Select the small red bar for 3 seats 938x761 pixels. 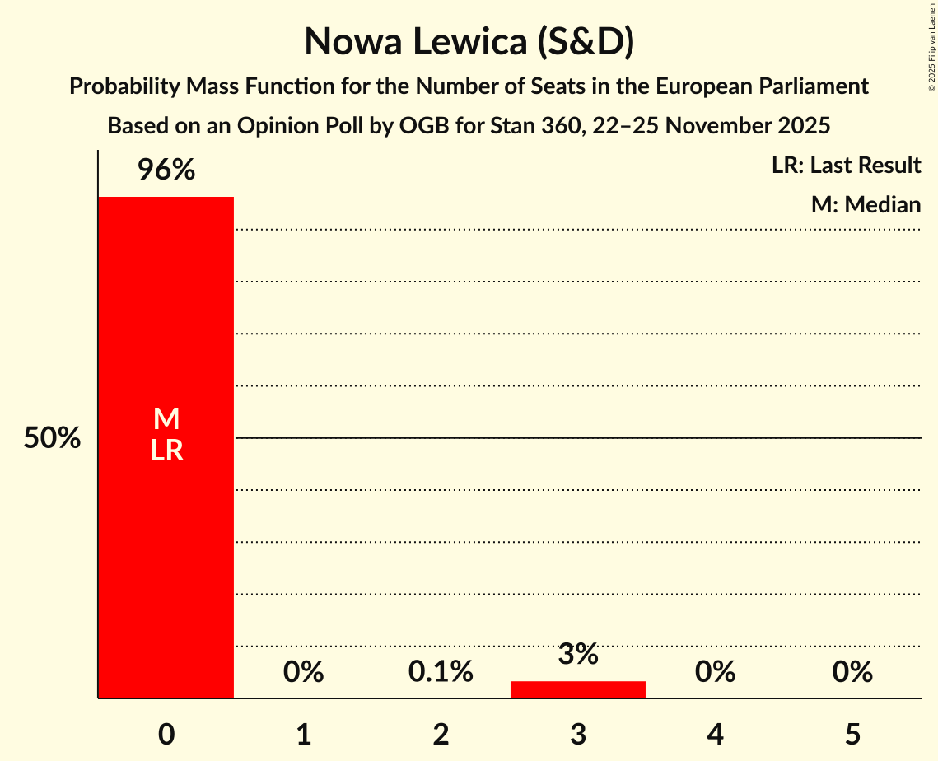click(578, 689)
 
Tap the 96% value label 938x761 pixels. click(166, 170)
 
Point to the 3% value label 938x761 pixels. click(578, 655)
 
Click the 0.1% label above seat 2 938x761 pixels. click(441, 673)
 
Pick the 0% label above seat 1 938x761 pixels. click(304, 673)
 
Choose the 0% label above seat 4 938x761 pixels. click(715, 673)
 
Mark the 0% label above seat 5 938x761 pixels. click(852, 673)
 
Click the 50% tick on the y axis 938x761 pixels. click(52, 438)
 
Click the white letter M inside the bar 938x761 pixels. click(166, 419)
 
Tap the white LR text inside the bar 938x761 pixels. click(166, 451)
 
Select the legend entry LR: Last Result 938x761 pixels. click(846, 166)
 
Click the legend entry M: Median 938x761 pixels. click(866, 204)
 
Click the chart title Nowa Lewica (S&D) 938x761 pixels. click(469, 42)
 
